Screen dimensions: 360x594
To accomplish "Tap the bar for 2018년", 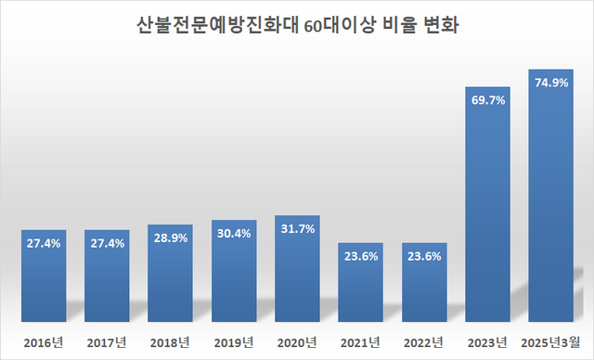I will (171, 278).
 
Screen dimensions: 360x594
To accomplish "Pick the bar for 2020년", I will (297, 274).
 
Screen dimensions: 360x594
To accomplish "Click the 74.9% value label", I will (550, 82).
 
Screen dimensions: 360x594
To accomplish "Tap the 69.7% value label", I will (487, 99).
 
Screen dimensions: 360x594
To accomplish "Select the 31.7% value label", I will (297, 228).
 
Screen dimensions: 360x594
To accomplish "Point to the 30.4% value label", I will (234, 233).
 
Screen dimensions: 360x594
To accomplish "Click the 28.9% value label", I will (171, 238).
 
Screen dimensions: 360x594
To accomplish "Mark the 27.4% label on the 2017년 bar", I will (107, 243).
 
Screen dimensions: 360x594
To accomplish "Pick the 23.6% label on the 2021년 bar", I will (361, 257).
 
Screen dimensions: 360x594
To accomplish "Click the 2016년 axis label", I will (44, 341).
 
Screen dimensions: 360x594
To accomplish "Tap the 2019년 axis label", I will (234, 341).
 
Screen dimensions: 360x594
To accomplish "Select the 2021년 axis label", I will (361, 341).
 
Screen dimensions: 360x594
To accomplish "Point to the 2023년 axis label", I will (487, 341).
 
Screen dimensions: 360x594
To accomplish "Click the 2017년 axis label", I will (107, 341).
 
